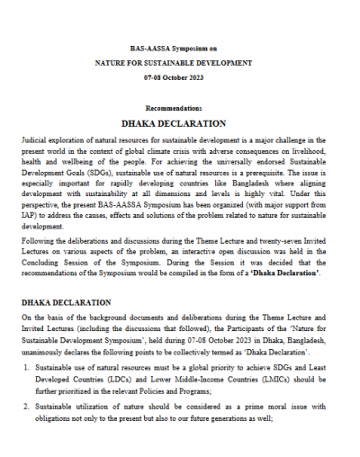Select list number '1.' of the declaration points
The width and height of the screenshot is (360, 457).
(x=25, y=370)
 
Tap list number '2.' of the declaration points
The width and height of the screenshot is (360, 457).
(x=25, y=407)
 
